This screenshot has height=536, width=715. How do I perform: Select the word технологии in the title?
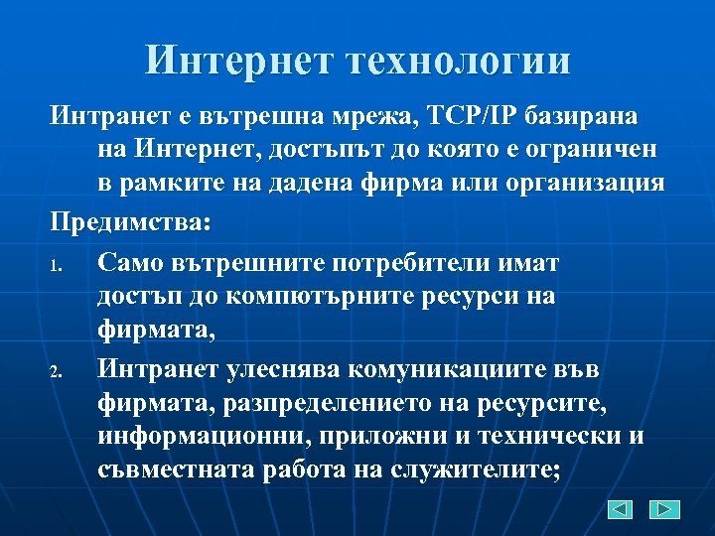pos(460,61)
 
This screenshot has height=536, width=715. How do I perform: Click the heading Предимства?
pos(131,222)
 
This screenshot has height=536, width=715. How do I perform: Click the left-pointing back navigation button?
pos(621,509)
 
